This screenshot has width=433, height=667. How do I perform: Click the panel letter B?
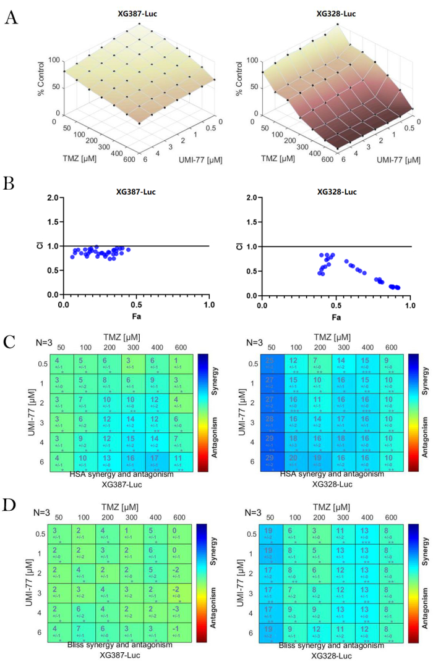click(10, 183)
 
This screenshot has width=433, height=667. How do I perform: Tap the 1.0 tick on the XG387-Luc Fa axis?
click(209, 305)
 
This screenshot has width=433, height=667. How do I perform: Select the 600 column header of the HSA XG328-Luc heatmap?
click(392, 348)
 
